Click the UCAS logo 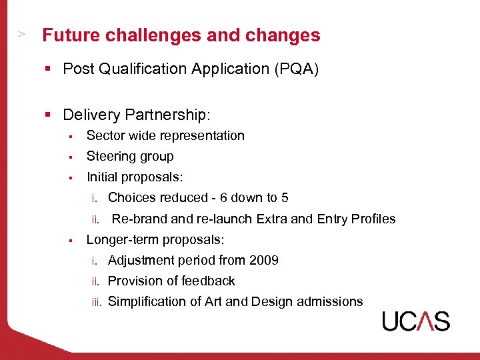(x=416, y=321)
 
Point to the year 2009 (x=263, y=260)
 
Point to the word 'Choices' (x=131, y=197)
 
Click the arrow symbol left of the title (x=21, y=33)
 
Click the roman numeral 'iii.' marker (x=97, y=302)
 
